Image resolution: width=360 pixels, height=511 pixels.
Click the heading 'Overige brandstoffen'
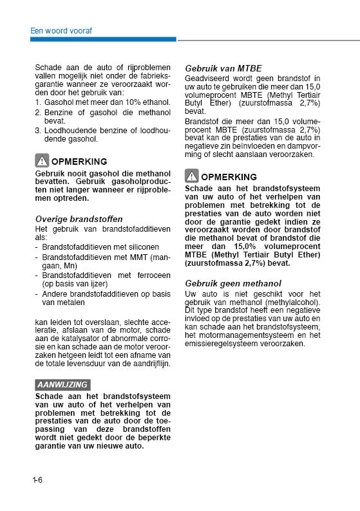tap(79, 219)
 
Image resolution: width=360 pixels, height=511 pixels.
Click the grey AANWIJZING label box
tap(62, 384)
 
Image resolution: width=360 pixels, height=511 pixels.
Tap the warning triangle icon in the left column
tap(42, 161)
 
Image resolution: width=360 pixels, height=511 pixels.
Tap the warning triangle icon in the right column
tap(191, 176)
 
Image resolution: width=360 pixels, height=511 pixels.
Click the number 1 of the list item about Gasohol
tap(38, 102)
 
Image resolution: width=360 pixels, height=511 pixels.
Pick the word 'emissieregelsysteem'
tap(223, 344)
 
